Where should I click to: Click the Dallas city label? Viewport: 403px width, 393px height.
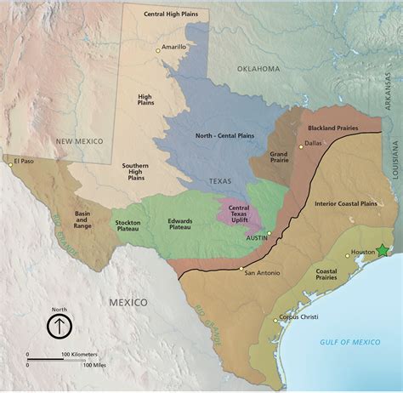(x=314, y=144)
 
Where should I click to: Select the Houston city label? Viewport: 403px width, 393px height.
(x=363, y=253)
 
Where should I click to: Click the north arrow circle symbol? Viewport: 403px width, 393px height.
(x=59, y=326)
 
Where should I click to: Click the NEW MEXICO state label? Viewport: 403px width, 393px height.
(x=79, y=140)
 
